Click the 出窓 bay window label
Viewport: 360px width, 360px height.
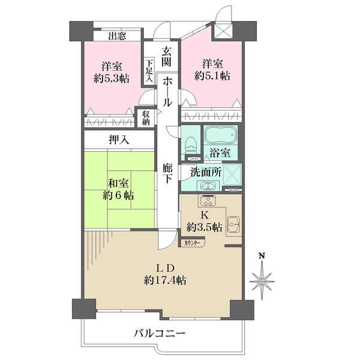point(117,36)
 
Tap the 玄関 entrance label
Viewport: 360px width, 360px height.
point(166,55)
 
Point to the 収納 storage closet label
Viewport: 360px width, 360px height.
point(146,117)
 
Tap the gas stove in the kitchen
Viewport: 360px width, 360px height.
point(209,201)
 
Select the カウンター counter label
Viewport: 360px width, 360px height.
point(193,242)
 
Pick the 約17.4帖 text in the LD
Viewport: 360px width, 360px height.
point(164,280)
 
